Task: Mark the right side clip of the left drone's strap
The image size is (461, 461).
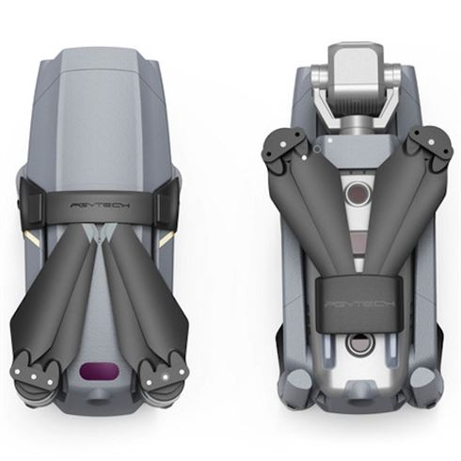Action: coord(171,202)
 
